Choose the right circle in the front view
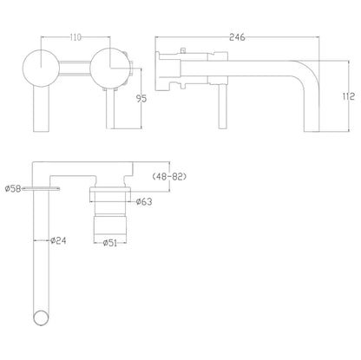coord(109,67)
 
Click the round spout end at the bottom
coord(37,317)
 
